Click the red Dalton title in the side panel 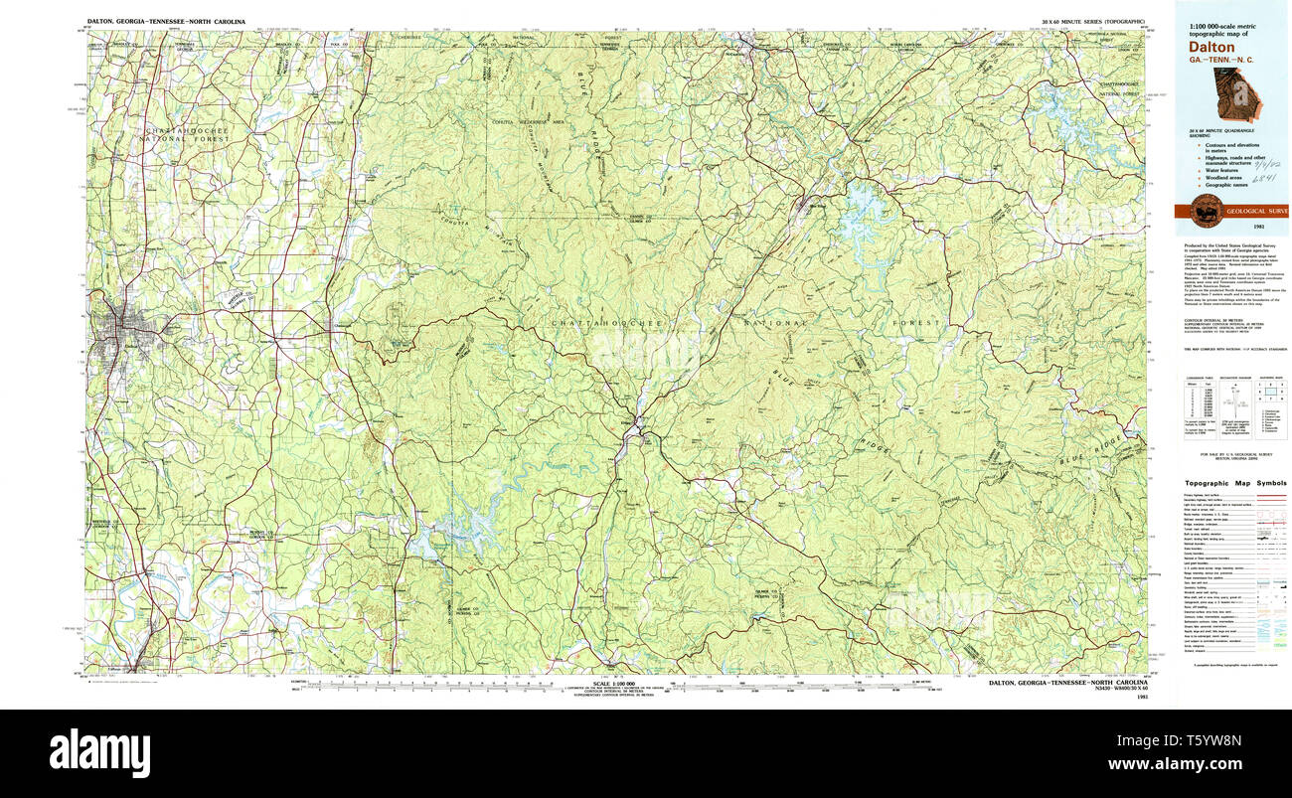1211,47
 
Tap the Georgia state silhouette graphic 1234,95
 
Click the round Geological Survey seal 1207,211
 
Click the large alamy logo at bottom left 99,752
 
